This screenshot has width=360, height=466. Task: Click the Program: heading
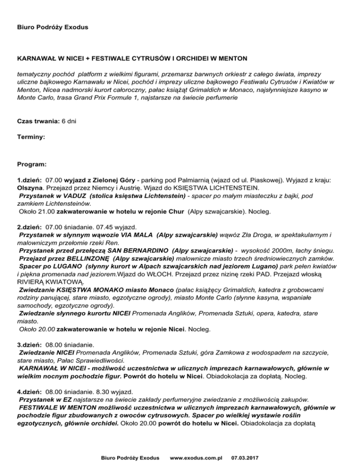(x=31, y=165)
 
